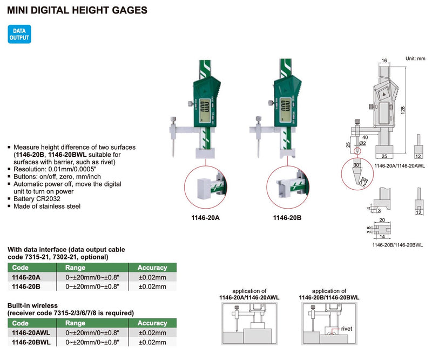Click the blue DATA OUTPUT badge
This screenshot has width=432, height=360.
pos(19,35)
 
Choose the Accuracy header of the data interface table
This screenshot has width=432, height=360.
pos(152,267)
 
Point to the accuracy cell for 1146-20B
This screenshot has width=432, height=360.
pos(152,286)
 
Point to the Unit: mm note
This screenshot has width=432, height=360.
pos(415,58)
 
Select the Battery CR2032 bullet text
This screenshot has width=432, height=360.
pos(37,198)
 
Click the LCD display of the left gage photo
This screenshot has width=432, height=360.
pos(206,110)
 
